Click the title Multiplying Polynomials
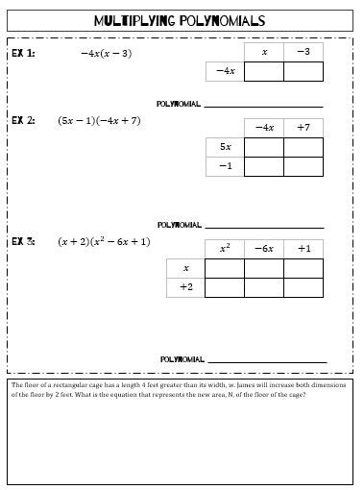(181, 20)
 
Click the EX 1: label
(23, 54)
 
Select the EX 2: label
(23, 121)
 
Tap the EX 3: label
(23, 241)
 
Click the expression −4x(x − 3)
(106, 54)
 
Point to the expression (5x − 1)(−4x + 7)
(99, 121)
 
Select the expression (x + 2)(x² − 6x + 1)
(104, 241)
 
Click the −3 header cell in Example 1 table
(303, 52)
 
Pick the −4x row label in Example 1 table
(225, 71)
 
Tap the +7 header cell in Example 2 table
(303, 127)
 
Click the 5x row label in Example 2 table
(225, 146)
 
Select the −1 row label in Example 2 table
(225, 166)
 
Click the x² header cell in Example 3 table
(225, 248)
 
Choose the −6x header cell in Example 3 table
(264, 248)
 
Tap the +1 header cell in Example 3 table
(303, 248)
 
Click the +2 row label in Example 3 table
(185, 287)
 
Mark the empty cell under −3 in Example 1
(303, 71)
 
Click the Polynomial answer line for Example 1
(263, 104)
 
